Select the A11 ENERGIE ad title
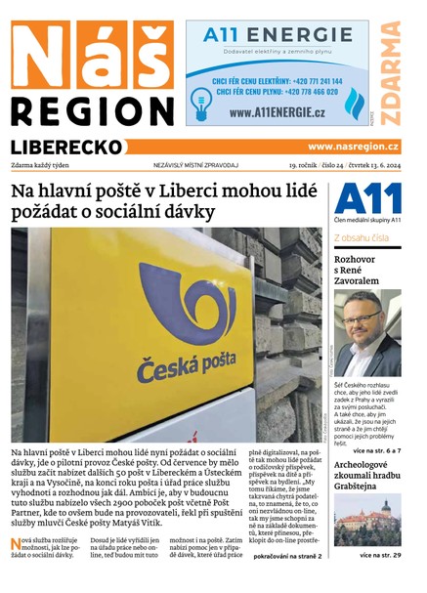point(278,36)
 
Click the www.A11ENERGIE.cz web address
point(278,112)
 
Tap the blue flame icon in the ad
point(353,104)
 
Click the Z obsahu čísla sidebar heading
point(362,237)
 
